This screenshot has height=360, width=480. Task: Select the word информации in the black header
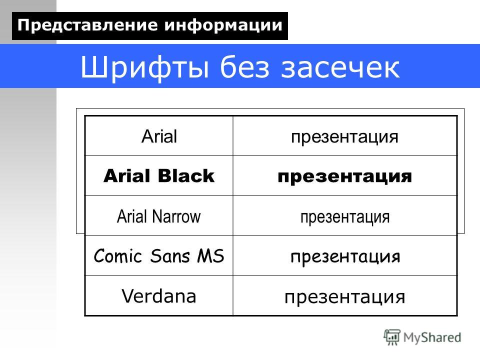pyautogui.click(x=223, y=25)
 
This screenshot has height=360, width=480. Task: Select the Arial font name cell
pyautogui.click(x=159, y=136)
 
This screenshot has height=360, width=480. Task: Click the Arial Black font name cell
pyautogui.click(x=159, y=175)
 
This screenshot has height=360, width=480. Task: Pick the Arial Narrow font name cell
pyautogui.click(x=158, y=216)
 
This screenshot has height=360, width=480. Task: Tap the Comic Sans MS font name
pyautogui.click(x=159, y=256)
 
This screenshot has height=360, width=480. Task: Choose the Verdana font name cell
pyautogui.click(x=159, y=296)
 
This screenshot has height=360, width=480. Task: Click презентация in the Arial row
pyautogui.click(x=344, y=137)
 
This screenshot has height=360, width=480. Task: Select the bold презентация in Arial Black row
pyautogui.click(x=344, y=177)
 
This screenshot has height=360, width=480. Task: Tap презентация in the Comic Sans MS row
pyautogui.click(x=345, y=257)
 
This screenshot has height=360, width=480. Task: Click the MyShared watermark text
pyautogui.click(x=432, y=337)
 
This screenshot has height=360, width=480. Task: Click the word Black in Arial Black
pyautogui.click(x=186, y=175)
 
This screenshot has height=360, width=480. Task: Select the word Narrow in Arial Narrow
pyautogui.click(x=176, y=216)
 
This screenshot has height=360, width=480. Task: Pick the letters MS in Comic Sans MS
pyautogui.click(x=210, y=256)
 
